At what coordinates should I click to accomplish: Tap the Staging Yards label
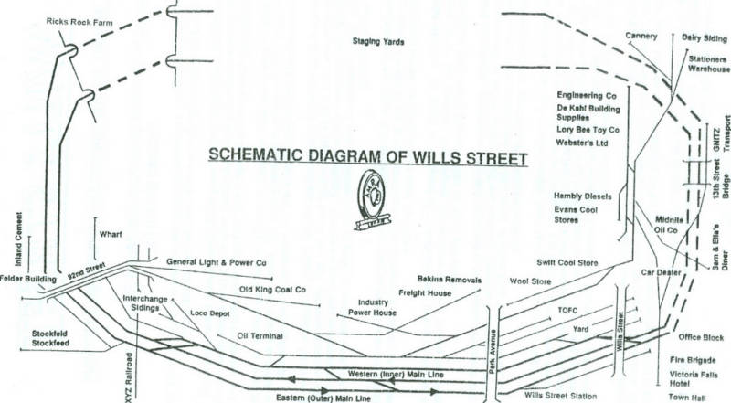[378, 42]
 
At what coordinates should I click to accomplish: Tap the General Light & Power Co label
[216, 262]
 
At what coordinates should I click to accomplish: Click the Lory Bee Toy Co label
[588, 130]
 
